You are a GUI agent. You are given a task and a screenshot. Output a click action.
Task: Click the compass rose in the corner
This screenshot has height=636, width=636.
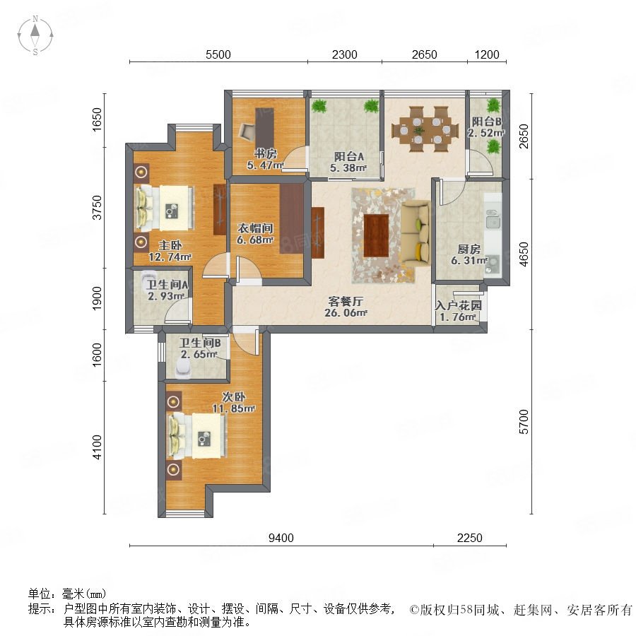(x=35, y=35)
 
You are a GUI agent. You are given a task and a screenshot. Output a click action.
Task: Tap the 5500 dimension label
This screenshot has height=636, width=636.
(x=218, y=54)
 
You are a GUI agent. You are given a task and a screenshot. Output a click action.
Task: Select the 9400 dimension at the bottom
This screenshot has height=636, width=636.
(x=281, y=538)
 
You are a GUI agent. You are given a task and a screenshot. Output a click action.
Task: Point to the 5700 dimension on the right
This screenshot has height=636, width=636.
(x=524, y=422)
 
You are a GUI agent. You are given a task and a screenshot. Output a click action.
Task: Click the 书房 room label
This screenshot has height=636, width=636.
(x=266, y=154)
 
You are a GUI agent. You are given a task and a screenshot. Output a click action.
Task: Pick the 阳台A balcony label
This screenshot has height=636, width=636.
(x=349, y=156)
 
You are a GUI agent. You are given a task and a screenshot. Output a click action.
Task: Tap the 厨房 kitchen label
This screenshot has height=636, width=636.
(x=469, y=249)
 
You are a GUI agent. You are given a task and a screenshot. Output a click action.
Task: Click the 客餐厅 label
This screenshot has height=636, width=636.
(x=346, y=301)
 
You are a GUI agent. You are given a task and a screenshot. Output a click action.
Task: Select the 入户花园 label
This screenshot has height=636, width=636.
(x=459, y=305)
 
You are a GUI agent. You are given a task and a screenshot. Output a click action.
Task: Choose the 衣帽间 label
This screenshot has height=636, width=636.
(x=254, y=228)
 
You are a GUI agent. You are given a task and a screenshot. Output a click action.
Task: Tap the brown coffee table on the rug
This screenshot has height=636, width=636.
(x=376, y=235)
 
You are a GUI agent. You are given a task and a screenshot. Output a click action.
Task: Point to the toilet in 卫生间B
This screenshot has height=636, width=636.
(x=184, y=369)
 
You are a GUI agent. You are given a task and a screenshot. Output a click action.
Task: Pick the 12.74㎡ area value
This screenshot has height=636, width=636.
(x=170, y=257)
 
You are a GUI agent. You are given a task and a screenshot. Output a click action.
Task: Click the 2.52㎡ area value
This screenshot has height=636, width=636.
(x=486, y=133)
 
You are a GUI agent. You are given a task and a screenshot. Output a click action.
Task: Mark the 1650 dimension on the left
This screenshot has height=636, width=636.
(x=98, y=119)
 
